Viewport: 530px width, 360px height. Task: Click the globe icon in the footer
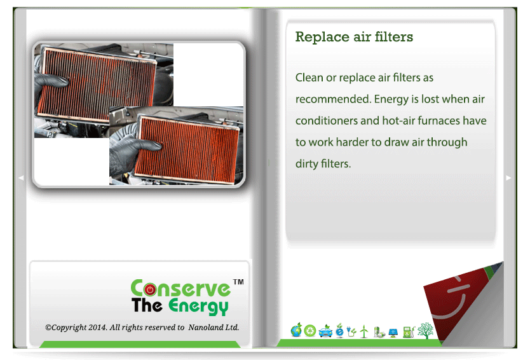(296, 330)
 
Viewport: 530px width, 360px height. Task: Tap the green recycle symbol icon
(309, 331)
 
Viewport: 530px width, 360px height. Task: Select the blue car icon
(325, 331)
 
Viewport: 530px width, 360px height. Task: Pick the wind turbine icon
(364, 331)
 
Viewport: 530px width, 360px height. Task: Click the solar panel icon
(393, 333)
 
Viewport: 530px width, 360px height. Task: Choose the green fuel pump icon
(409, 331)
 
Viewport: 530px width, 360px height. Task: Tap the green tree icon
(425, 330)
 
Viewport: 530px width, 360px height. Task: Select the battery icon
(379, 332)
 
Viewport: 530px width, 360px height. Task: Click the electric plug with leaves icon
(351, 331)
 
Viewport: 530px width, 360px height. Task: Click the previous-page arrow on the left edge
(21, 177)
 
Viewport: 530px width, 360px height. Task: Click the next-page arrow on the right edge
(508, 177)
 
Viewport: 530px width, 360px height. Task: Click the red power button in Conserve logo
(150, 289)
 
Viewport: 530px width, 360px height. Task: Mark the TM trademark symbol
(238, 282)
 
